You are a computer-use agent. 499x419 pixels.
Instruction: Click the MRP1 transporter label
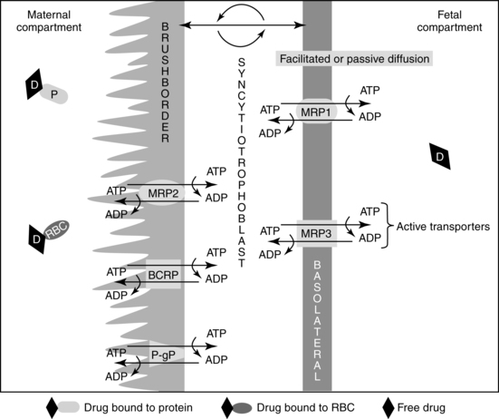click(316, 112)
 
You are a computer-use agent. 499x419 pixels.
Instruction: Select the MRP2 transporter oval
click(163, 193)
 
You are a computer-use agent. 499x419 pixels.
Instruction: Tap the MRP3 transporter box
click(317, 234)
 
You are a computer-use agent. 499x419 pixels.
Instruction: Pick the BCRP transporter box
click(163, 274)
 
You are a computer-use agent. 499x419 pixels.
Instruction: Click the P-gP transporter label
click(163, 355)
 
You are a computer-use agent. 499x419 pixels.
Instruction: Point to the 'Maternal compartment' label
click(49, 21)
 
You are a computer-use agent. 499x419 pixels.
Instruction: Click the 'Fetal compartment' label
click(449, 21)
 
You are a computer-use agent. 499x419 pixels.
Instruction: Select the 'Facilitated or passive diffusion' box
click(354, 59)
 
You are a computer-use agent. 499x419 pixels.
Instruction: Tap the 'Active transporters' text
click(443, 227)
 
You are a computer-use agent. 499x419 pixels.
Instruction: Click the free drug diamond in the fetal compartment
click(440, 156)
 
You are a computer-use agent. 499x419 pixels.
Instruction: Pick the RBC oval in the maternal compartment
click(57, 229)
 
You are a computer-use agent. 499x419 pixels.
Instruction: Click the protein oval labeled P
click(54, 94)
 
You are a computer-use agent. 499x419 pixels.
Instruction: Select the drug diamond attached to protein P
click(34, 84)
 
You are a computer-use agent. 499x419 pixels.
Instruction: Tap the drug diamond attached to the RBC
click(36, 239)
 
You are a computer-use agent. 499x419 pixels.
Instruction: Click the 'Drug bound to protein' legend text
click(139, 407)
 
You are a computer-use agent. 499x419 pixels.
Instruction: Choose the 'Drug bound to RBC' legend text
click(305, 407)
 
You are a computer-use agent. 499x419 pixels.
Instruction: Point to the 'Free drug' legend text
click(421, 407)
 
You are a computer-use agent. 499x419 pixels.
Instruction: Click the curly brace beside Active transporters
click(388, 226)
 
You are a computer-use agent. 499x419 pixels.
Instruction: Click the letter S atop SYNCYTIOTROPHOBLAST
click(242, 62)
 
